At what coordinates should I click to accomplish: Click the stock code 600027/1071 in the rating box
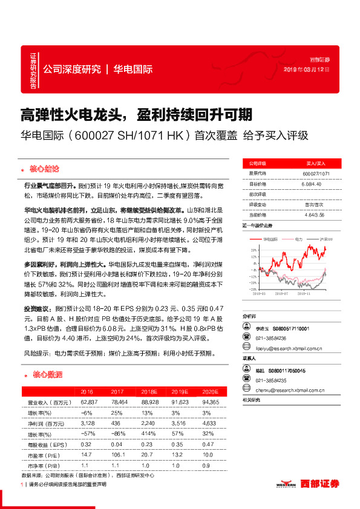point(315,173)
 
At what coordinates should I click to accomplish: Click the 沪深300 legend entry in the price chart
point(319,239)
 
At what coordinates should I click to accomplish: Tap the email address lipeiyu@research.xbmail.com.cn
point(282,349)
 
